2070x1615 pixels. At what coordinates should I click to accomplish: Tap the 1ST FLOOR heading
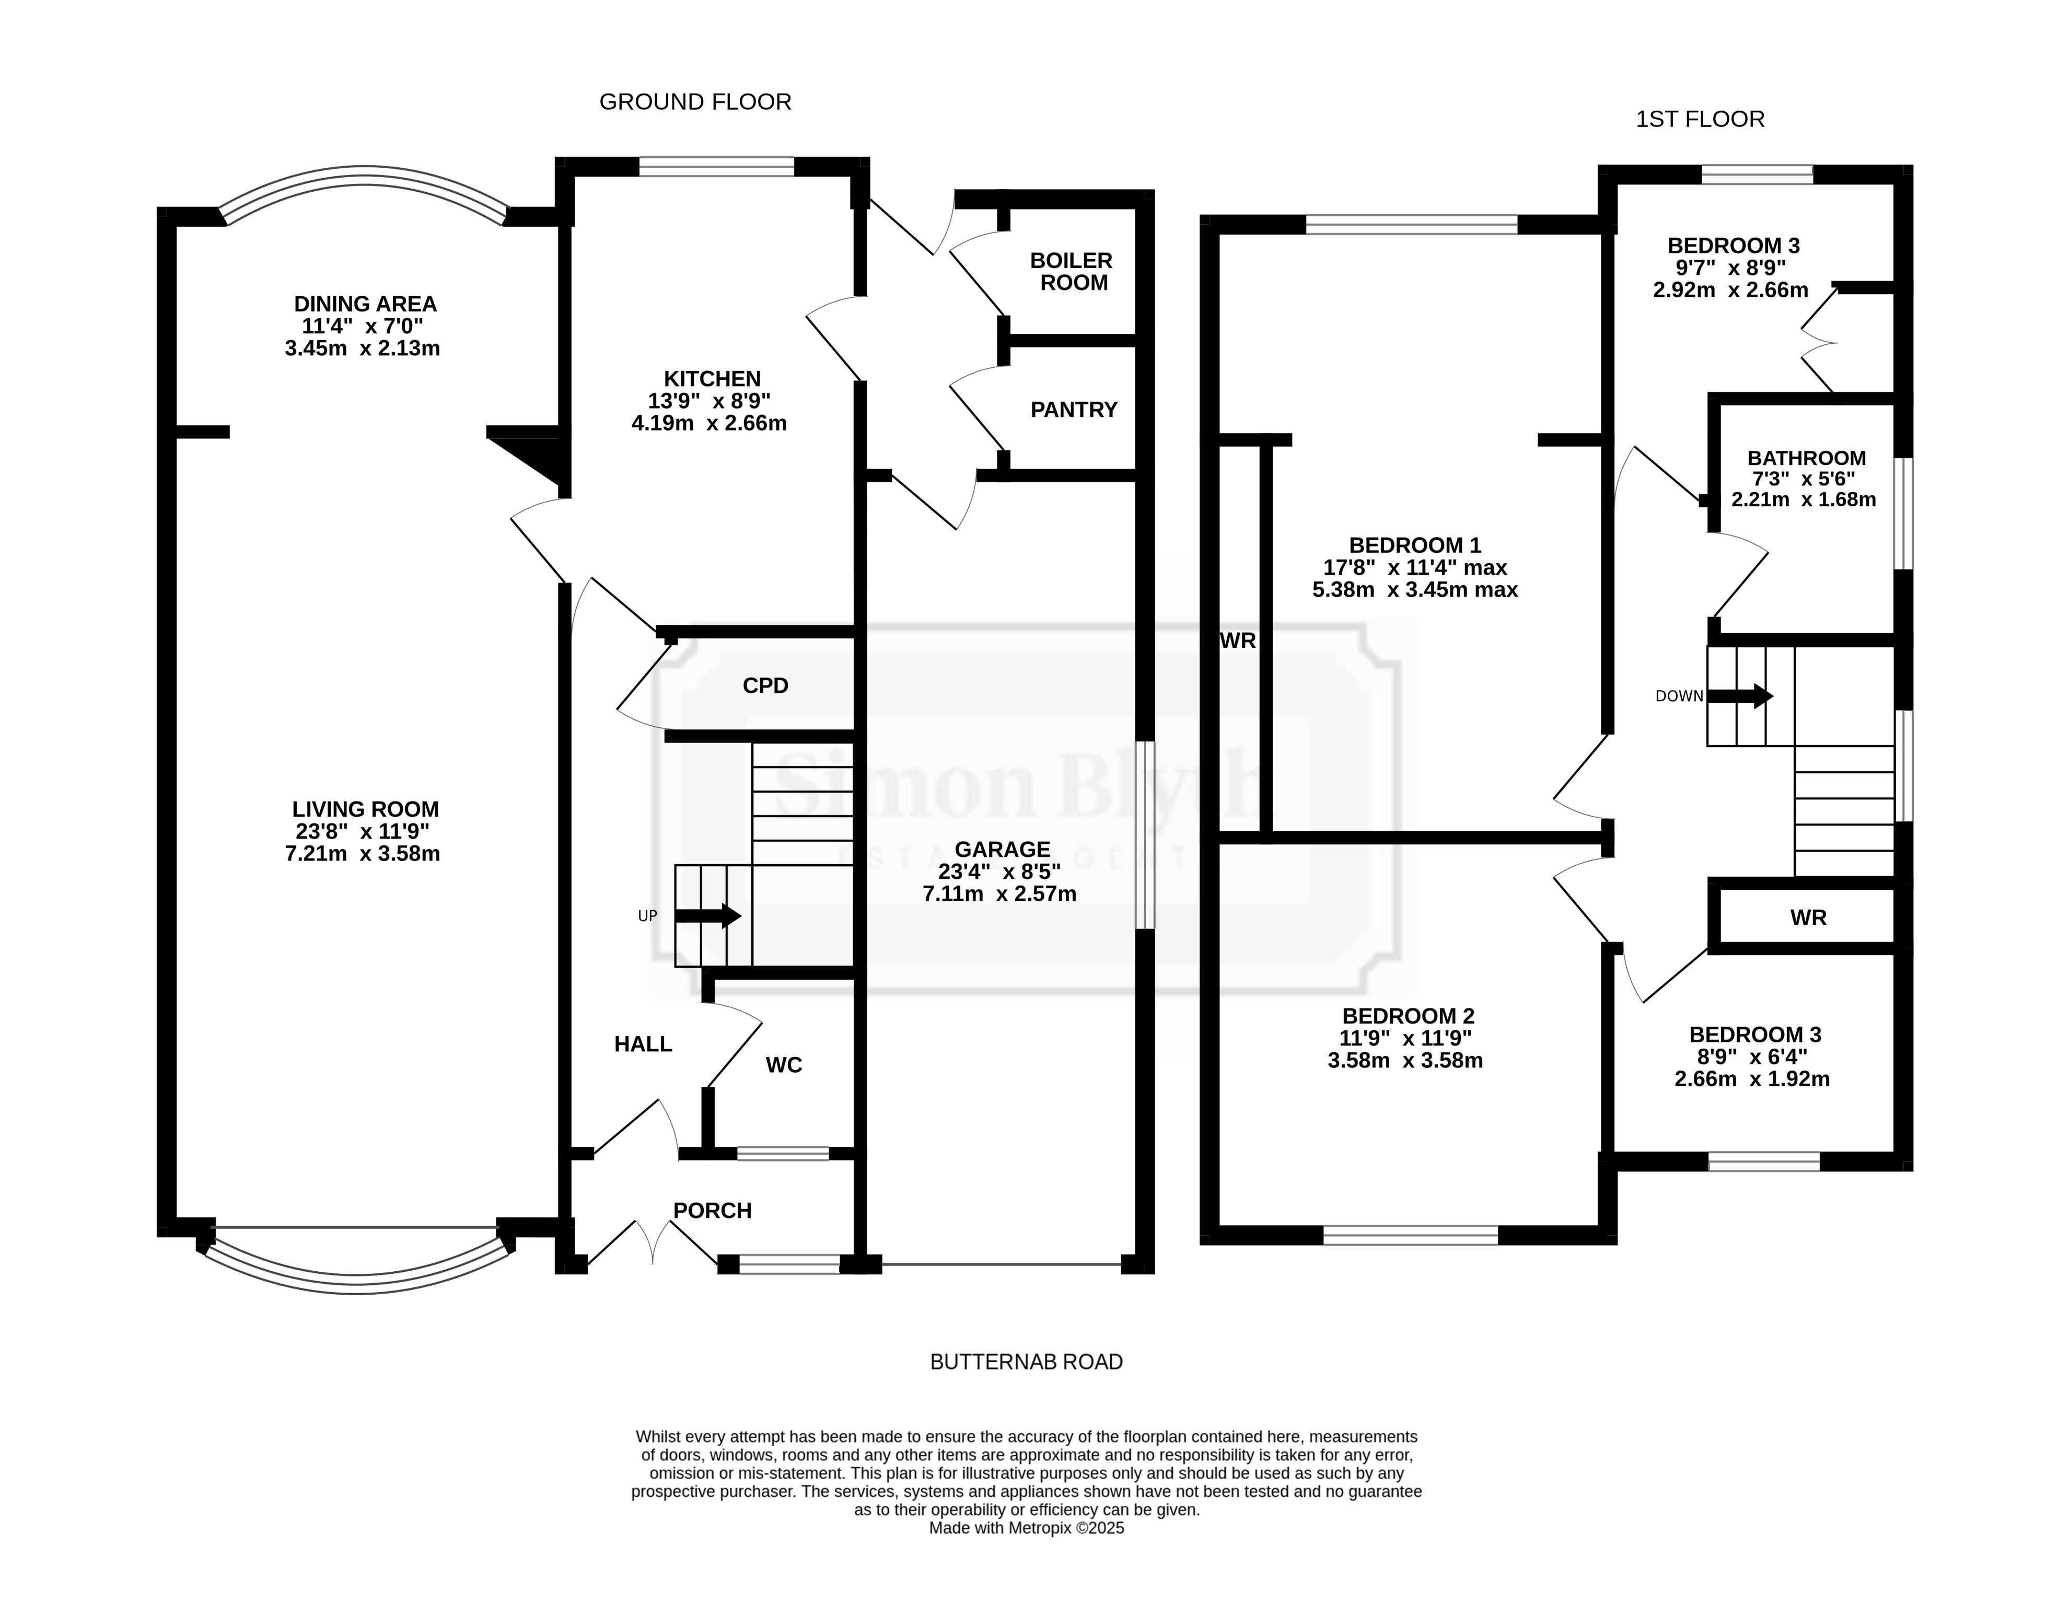1700,120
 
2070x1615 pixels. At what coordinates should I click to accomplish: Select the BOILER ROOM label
1074,271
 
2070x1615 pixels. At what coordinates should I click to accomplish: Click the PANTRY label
1074,410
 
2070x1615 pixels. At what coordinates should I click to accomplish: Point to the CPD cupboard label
765,685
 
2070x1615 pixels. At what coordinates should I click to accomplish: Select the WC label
784,1065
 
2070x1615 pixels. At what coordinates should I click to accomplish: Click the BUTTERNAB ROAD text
1027,1362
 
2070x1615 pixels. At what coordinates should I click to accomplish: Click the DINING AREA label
365,304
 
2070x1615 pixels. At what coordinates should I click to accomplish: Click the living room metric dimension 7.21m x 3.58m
363,854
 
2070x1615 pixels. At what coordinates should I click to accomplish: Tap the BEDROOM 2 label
1408,1016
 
